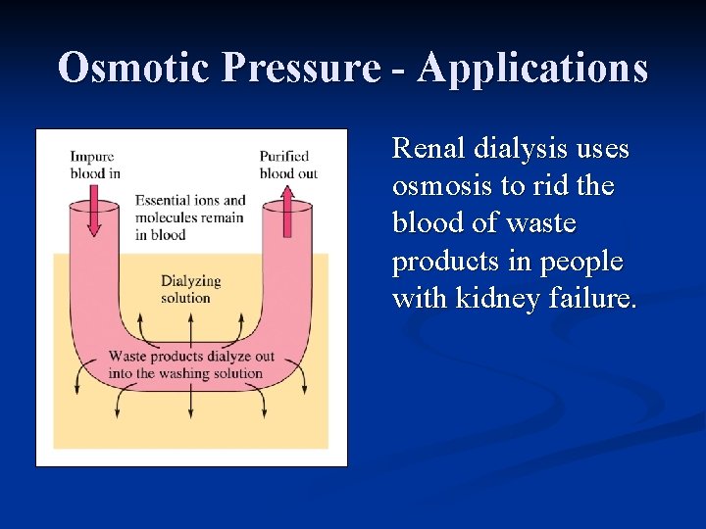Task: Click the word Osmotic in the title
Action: pos(134,69)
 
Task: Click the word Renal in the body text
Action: pos(428,149)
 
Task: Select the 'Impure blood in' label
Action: pos(94,165)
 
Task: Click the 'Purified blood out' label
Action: pos(287,165)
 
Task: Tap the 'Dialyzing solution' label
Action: pos(190,289)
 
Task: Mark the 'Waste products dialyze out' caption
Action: pos(191,364)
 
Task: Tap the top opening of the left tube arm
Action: pos(93,206)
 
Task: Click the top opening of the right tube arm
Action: pos(287,206)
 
